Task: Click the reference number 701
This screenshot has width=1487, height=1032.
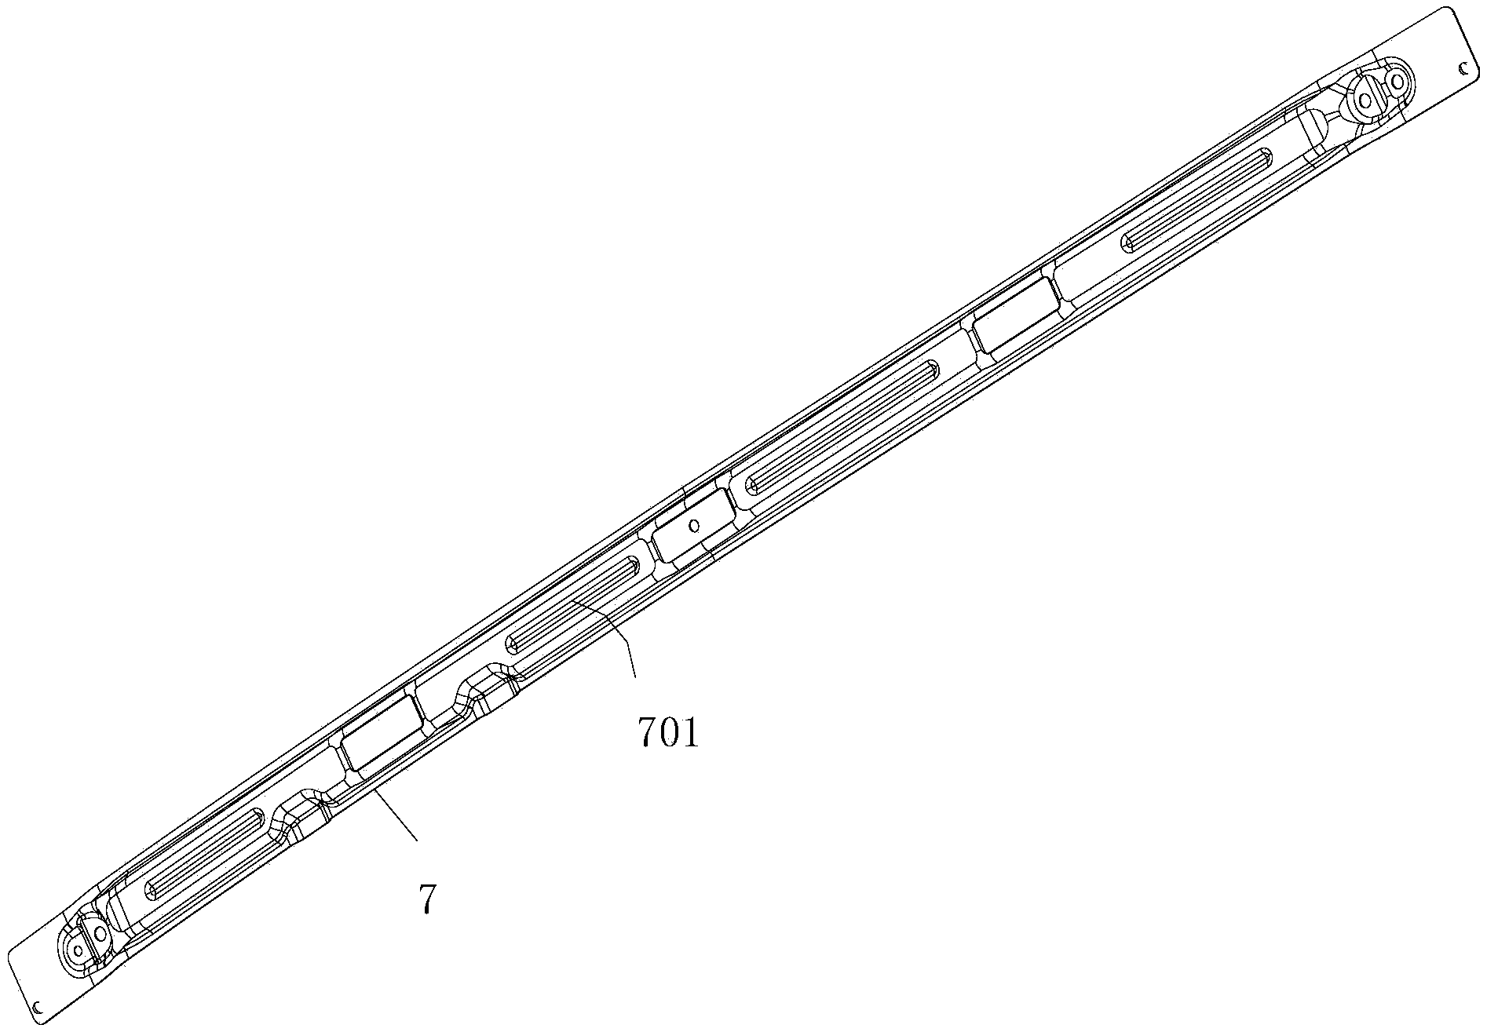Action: click(x=667, y=734)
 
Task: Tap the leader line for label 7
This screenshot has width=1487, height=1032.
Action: click(x=396, y=817)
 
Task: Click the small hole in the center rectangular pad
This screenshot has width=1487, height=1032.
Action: click(x=693, y=525)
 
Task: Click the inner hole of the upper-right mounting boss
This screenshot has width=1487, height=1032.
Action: click(x=1365, y=100)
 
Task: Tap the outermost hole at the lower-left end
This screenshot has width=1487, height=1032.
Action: click(x=78, y=950)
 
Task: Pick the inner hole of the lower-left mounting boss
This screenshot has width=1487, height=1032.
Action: click(x=100, y=933)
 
